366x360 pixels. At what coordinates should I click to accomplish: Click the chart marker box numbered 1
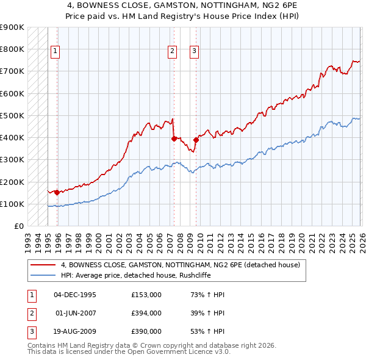(56, 51)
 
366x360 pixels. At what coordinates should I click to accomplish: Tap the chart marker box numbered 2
(173, 51)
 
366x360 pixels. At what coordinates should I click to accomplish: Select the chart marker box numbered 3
(195, 51)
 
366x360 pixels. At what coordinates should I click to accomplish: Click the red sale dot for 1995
(57, 192)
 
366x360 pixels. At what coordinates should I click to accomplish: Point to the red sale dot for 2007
(174, 139)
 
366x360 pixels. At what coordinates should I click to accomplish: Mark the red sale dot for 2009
(196, 140)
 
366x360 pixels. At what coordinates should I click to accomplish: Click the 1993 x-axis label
(28, 237)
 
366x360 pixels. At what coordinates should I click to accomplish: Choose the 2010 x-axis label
(199, 237)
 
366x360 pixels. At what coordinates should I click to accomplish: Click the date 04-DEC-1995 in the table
(75, 295)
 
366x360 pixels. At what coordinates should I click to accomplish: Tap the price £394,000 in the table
(146, 313)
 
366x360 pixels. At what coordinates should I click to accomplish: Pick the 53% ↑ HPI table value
(208, 331)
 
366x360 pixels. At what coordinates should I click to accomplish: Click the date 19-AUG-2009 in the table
(75, 331)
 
